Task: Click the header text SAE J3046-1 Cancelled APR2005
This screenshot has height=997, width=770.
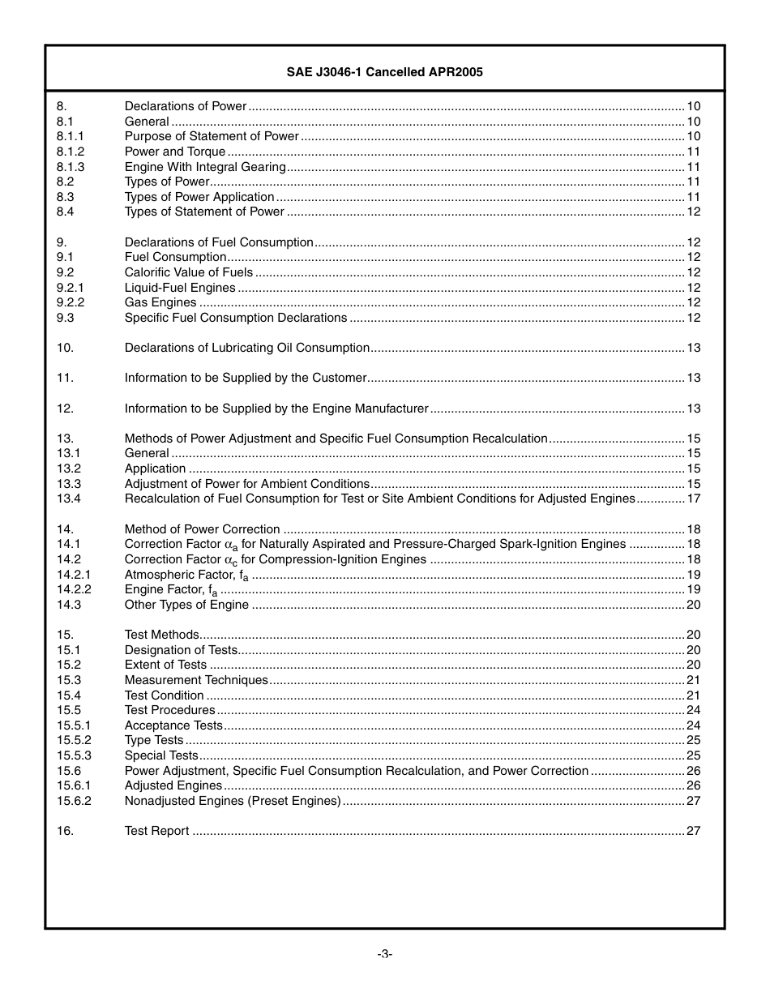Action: point(384,72)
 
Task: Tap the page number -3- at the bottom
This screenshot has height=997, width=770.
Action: point(385,954)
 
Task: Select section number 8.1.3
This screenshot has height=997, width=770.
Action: point(71,167)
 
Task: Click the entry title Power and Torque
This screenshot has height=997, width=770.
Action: point(174,152)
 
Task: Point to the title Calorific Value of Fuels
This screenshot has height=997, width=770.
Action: point(188,272)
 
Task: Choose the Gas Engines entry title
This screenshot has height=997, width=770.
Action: point(160,302)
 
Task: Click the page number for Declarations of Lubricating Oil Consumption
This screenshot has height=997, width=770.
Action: point(693,348)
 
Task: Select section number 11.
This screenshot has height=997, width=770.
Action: point(65,378)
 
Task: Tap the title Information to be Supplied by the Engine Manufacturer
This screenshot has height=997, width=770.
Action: point(276,409)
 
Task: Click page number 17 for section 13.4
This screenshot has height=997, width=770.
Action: point(693,498)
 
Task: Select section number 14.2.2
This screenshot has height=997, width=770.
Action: point(74,589)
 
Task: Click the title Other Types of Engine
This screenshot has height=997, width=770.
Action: point(186,605)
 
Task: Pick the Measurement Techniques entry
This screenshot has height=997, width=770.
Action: point(196,680)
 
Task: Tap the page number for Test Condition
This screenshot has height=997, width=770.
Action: point(693,695)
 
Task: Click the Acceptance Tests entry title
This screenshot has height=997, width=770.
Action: point(173,725)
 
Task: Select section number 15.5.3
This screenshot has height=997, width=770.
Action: point(74,755)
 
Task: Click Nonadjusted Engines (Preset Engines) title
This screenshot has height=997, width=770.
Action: point(233,801)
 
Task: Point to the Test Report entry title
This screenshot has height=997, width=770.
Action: point(156,831)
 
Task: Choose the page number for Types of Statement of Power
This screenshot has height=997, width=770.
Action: point(693,212)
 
